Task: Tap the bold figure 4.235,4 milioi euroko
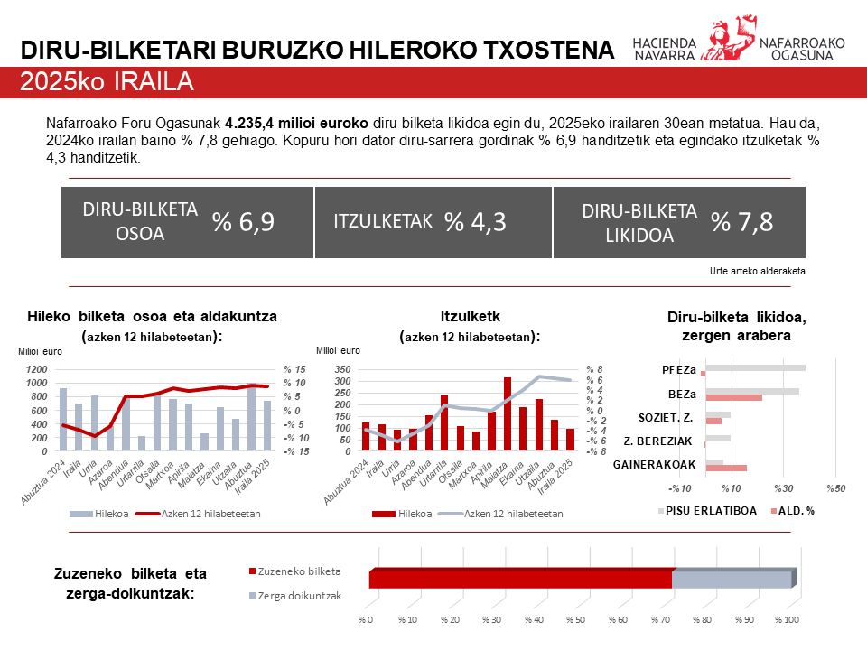pos(296,122)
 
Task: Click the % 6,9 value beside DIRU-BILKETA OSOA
pos(243,222)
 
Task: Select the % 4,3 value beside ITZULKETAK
pos(474,222)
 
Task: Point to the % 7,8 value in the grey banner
pos(741,222)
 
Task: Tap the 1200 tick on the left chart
pos(38,370)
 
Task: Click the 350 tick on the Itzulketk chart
pos(341,370)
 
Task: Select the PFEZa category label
pos(678,369)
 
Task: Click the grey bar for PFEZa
pos(755,367)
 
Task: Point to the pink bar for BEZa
pos(733,397)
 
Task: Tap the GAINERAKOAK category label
pos(654,465)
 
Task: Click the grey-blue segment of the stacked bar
pos(732,580)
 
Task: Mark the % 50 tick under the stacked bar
pos(575,620)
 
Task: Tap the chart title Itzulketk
pos(470,316)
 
